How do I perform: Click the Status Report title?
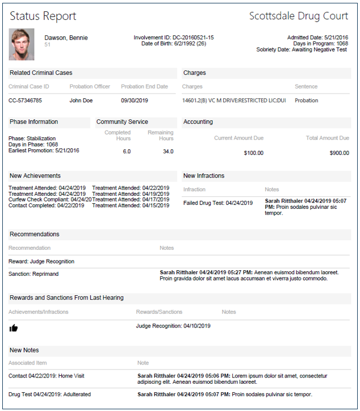point(43,16)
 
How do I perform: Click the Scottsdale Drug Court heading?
point(299,16)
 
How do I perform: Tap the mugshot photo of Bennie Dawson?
point(22,44)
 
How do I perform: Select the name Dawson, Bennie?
point(66,38)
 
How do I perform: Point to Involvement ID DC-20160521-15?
point(174,37)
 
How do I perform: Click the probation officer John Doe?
point(81,100)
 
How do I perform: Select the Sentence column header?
point(306,87)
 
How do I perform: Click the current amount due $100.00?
point(254,153)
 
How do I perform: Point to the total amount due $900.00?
point(339,153)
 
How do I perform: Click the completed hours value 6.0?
point(127,152)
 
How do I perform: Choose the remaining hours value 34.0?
point(168,152)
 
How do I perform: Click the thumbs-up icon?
point(14,328)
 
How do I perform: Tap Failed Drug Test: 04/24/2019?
point(218,203)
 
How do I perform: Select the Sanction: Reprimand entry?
point(34,274)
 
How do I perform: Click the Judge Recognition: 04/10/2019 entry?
point(173,326)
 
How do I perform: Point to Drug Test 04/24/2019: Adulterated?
point(49,394)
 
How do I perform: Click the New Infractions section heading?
point(204,176)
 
